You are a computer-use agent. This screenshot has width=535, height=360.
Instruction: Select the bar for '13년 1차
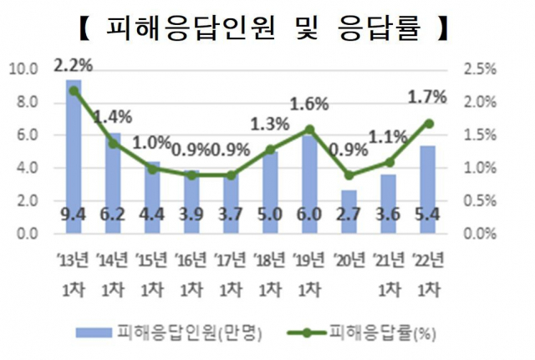pyautogui.click(x=74, y=150)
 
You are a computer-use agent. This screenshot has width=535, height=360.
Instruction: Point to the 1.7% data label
pyautogui.click(x=428, y=97)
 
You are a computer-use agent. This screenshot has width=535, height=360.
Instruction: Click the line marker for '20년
pyautogui.click(x=349, y=175)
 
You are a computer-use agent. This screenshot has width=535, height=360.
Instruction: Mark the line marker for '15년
pyautogui.click(x=152, y=169)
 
